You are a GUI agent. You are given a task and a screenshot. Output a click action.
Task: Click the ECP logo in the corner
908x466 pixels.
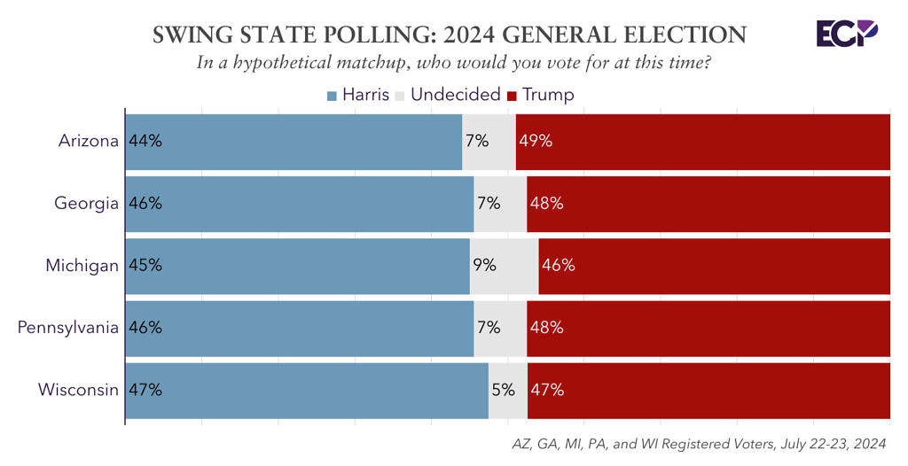coord(847,34)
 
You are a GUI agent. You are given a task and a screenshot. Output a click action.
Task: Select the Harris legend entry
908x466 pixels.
coord(358,95)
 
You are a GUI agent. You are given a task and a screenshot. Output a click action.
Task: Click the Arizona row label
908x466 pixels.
coord(88,141)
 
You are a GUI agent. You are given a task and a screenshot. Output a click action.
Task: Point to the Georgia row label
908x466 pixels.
coord(86,203)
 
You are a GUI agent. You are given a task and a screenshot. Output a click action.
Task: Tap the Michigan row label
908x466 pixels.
coord(82,265)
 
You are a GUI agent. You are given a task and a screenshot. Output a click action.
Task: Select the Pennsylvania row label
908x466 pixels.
coord(68,327)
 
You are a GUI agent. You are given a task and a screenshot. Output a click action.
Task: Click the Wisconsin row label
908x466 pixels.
coord(78,389)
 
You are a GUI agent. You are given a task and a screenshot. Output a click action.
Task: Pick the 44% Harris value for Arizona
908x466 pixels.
coord(145,141)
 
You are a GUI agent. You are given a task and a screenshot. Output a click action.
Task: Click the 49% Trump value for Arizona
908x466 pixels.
coord(536,141)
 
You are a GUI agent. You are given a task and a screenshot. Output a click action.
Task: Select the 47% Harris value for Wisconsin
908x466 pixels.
coord(145,389)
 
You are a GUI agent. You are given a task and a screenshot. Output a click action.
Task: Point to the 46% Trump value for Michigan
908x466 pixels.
coord(559,265)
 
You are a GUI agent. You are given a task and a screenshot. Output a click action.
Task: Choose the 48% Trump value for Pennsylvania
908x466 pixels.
coord(547,327)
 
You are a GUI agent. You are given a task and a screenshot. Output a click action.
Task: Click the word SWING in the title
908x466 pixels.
coord(191,35)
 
